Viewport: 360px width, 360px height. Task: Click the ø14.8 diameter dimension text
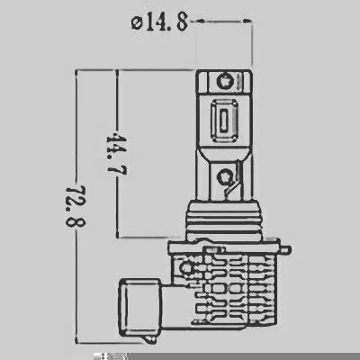coord(159,22)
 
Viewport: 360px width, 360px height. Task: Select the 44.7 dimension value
coord(117,155)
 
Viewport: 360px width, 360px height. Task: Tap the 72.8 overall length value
coord(76,205)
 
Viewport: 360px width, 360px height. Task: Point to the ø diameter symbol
coord(137,22)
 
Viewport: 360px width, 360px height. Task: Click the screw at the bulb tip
coord(224,80)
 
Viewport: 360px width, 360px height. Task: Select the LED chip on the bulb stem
coord(224,121)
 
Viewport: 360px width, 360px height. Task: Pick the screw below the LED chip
coord(224,175)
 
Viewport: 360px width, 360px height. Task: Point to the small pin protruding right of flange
coord(287,249)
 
